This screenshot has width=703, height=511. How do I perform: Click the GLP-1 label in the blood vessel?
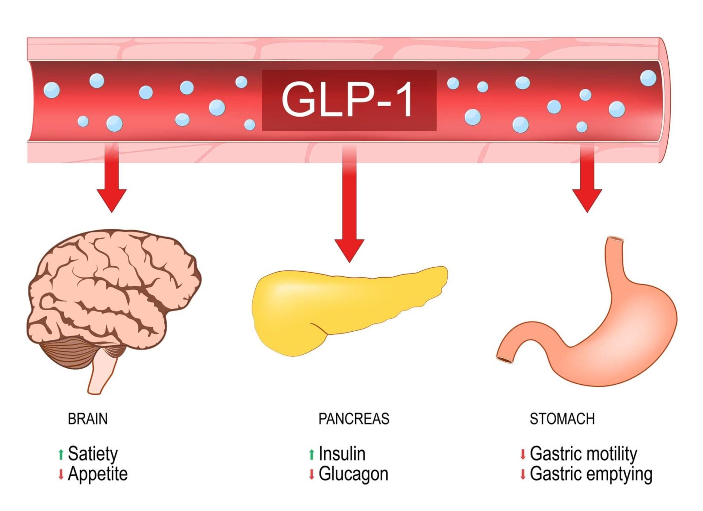point(349,100)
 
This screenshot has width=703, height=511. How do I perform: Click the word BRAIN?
point(87,419)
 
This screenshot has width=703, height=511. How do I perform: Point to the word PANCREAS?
point(354,419)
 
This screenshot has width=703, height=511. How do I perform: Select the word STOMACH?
point(562,419)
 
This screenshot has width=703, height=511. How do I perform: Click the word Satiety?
point(93,454)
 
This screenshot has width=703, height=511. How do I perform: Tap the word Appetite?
point(97,474)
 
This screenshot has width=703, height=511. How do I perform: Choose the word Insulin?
point(342,454)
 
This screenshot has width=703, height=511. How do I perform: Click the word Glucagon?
point(353,474)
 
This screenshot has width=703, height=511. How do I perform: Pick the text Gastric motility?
point(584,454)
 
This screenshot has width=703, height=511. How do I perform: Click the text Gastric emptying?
point(591,474)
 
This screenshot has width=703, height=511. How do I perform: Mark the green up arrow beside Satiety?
point(61,454)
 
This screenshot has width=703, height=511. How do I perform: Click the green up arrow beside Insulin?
point(312,454)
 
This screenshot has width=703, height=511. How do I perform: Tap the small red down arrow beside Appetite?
point(61,474)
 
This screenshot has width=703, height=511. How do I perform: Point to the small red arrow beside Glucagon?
point(312,474)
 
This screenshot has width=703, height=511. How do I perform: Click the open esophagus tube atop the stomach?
point(615,240)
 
